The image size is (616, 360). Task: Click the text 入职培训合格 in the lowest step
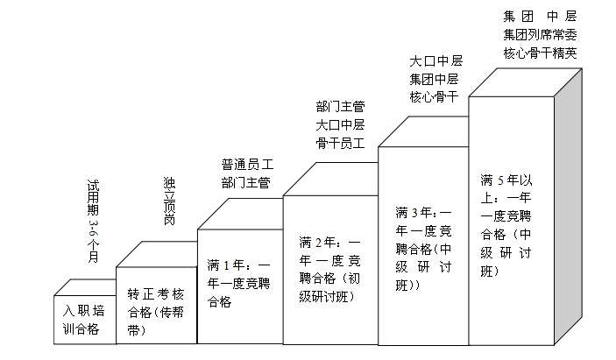(x=85, y=320)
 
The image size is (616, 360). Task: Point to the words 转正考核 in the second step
(x=155, y=293)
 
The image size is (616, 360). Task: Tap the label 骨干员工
(x=340, y=142)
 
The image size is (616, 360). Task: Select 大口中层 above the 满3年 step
(x=435, y=61)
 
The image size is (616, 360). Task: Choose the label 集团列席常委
(x=540, y=34)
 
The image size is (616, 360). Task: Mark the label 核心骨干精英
(x=540, y=53)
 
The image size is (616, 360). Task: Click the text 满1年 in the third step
(x=224, y=265)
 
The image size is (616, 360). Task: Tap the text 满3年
(x=411, y=213)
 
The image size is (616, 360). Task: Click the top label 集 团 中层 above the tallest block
(x=540, y=16)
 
